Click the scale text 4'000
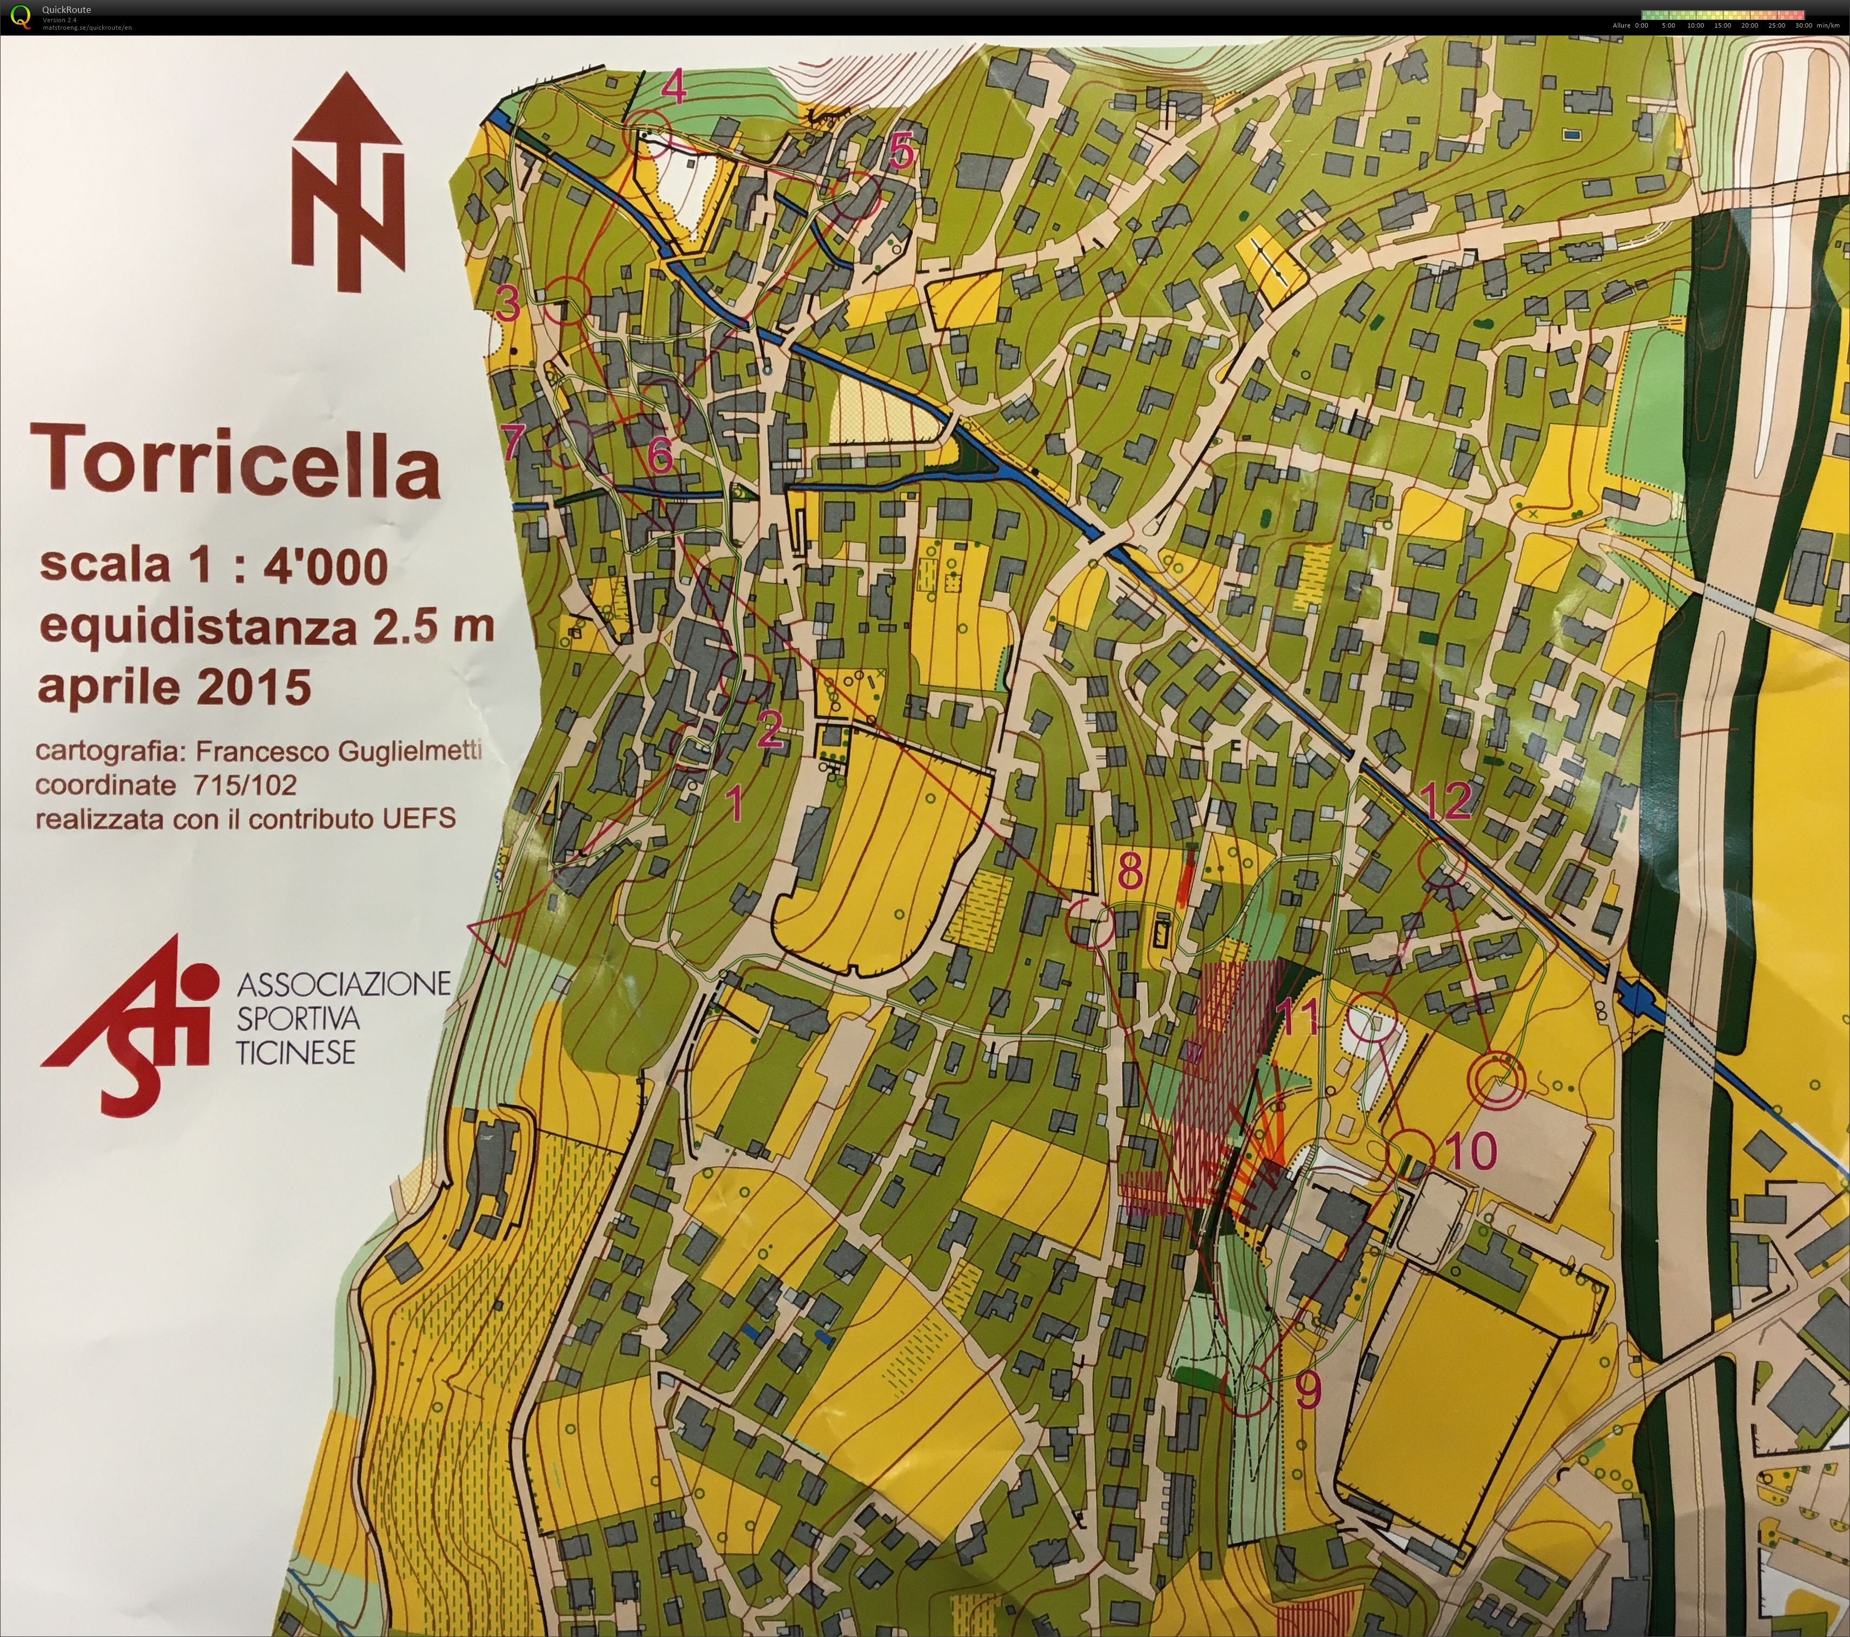click(326, 566)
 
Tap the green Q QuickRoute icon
click(21, 16)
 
